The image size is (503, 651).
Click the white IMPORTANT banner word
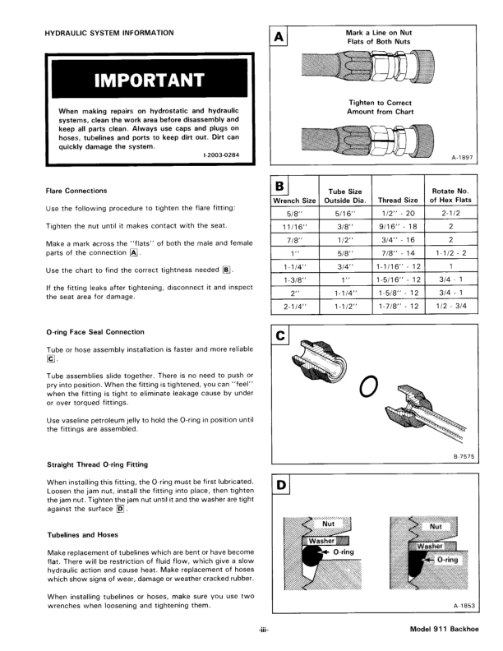click(148, 80)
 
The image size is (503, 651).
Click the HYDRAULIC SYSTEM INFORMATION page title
click(108, 33)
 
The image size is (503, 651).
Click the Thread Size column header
click(398, 200)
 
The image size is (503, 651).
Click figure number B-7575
click(464, 456)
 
